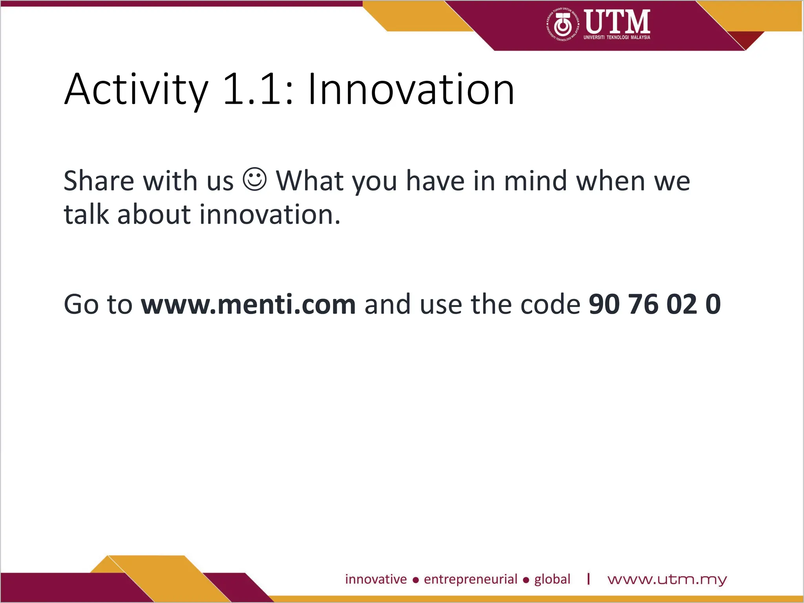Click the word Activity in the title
136,90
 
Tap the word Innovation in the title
411,90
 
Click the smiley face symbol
255,180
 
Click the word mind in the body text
535,181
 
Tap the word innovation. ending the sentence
270,215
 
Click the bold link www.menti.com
248,304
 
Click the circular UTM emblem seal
563,25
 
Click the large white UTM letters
617,21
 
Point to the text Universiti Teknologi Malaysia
617,37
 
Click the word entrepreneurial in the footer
470,579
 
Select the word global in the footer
552,579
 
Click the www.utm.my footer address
667,580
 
